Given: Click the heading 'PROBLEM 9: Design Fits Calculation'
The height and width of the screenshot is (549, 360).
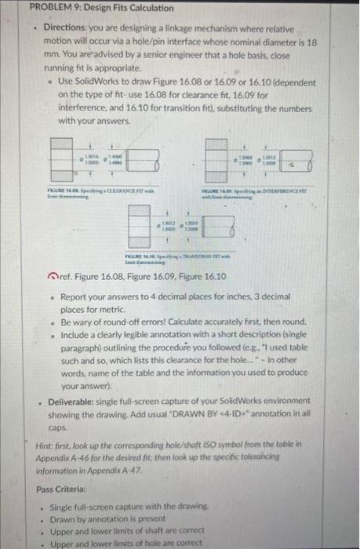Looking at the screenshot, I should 89,8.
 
